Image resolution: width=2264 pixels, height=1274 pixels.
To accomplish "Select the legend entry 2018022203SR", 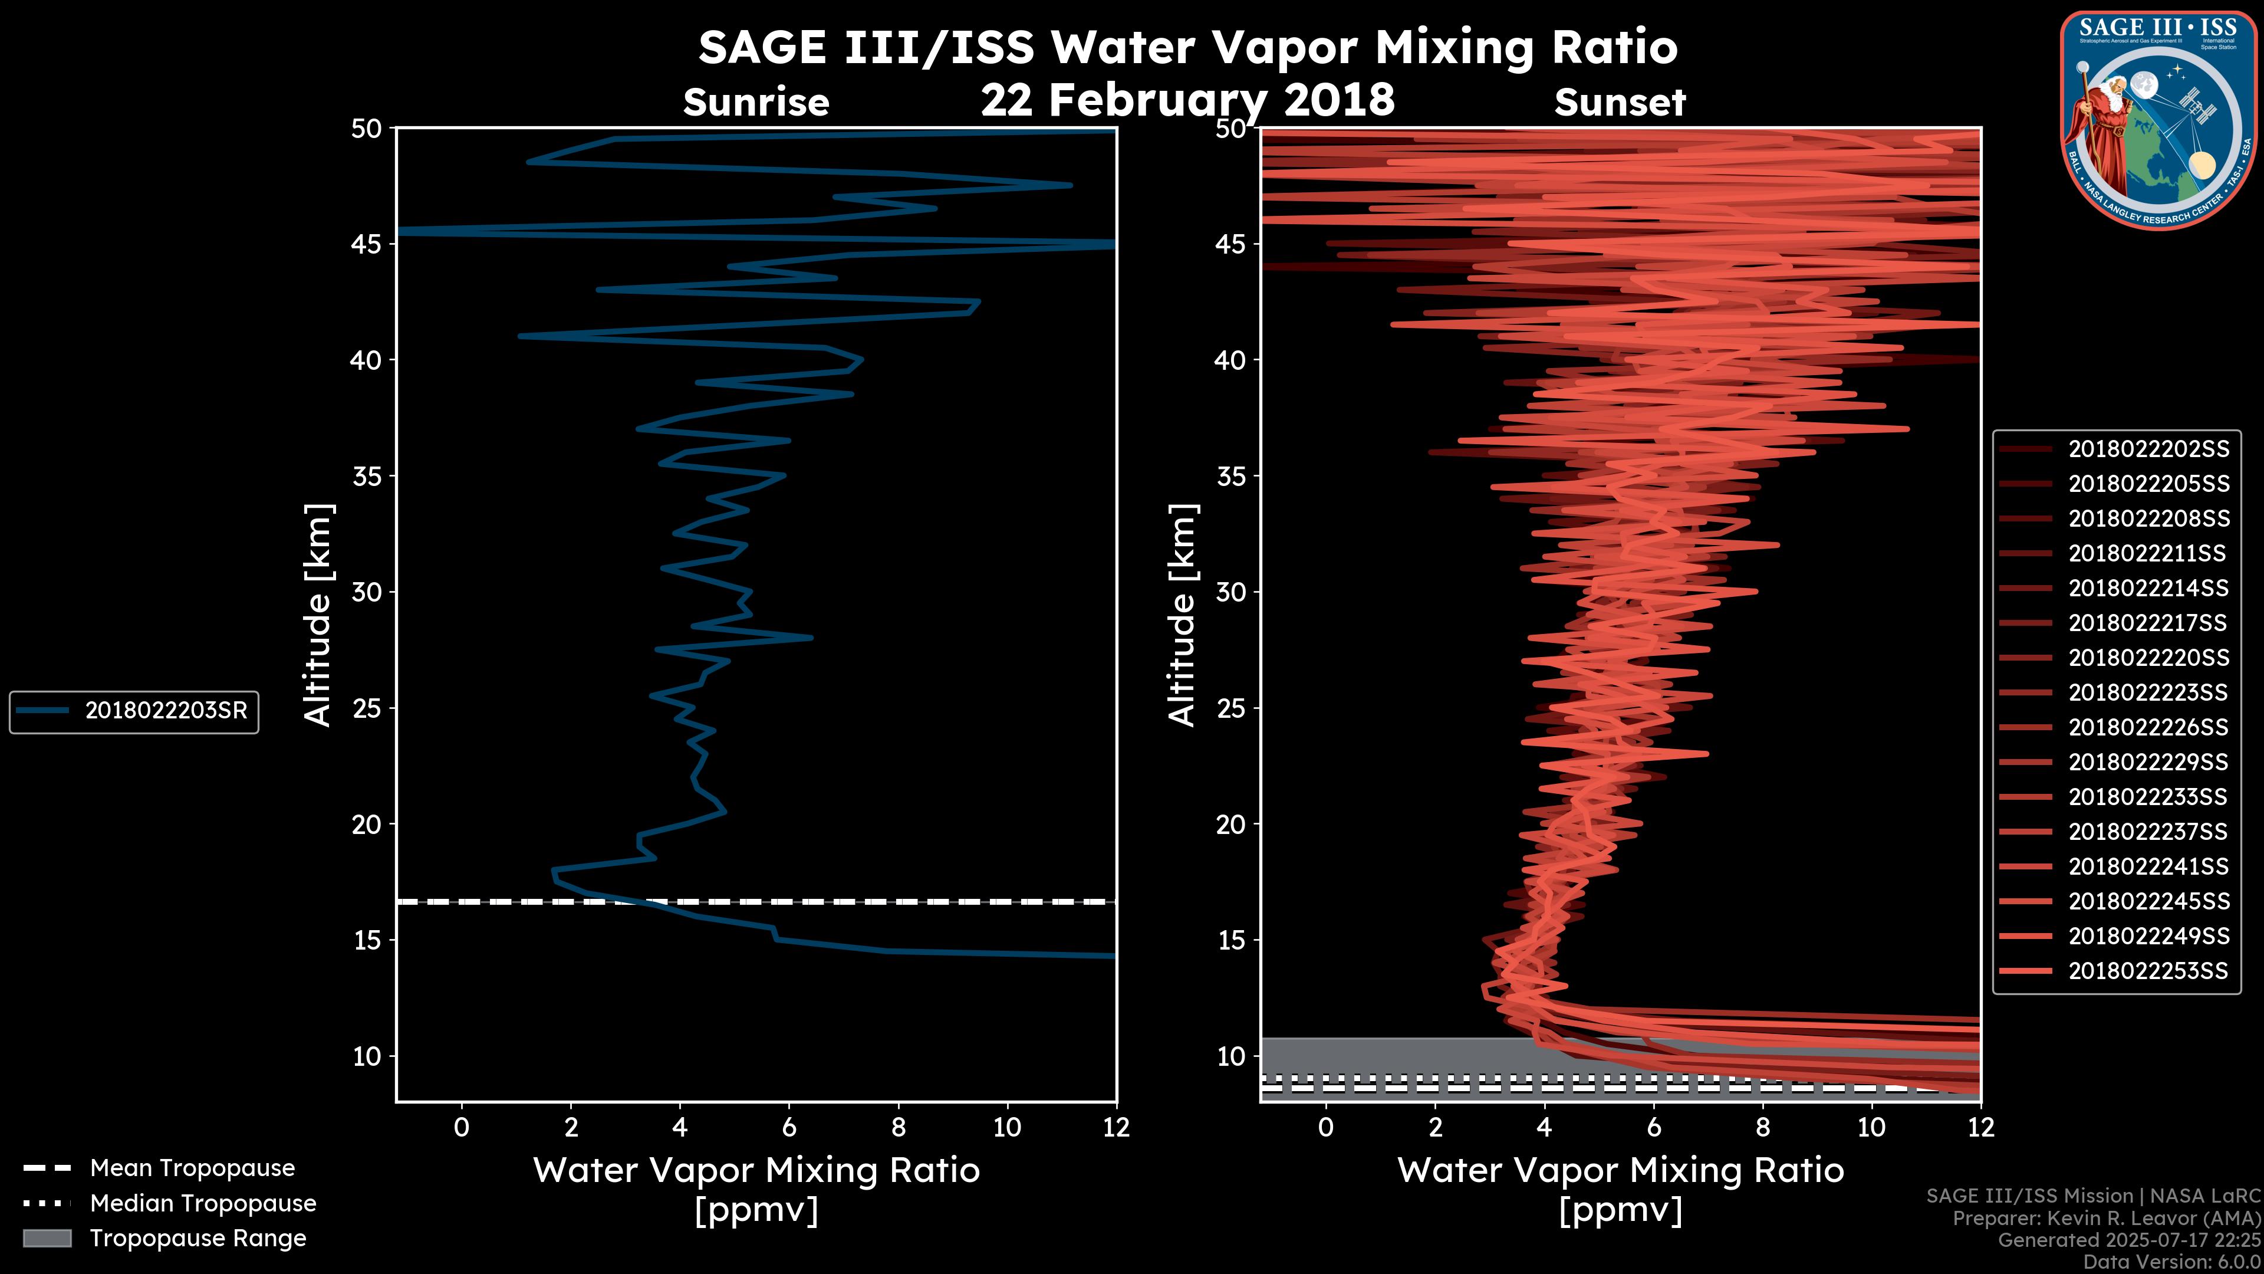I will pyautogui.click(x=165, y=710).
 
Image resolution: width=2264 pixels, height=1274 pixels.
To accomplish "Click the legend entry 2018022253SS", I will pyautogui.click(x=2147, y=971).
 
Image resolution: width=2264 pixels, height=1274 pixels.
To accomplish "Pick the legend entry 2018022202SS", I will pyautogui.click(x=2148, y=449).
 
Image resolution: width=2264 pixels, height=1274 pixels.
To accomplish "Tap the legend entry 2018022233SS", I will pyautogui.click(x=2147, y=797).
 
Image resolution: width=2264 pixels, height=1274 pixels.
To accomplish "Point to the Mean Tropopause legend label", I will pyautogui.click(x=192, y=1168).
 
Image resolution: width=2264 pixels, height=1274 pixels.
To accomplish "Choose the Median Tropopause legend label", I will pyautogui.click(x=202, y=1203).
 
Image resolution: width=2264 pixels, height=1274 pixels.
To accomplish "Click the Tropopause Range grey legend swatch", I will pyautogui.click(x=47, y=1238).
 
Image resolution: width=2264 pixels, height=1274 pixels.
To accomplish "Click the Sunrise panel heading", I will pyautogui.click(x=756, y=103).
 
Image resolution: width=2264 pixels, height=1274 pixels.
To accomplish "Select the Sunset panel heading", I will pyautogui.click(x=1620, y=103).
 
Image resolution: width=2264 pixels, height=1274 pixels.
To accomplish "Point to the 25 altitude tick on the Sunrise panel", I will pyautogui.click(x=367, y=708).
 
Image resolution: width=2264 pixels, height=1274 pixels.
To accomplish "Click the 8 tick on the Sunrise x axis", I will pyautogui.click(x=898, y=1127).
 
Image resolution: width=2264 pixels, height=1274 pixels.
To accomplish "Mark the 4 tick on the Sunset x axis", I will pyautogui.click(x=1544, y=1127).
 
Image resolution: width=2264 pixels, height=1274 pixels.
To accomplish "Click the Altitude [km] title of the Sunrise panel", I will pyautogui.click(x=317, y=615).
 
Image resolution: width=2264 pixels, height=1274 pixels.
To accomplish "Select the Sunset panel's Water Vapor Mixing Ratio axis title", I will pyautogui.click(x=1620, y=1170).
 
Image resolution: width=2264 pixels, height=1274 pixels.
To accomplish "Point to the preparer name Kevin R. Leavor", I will pyautogui.click(x=2153, y=1219).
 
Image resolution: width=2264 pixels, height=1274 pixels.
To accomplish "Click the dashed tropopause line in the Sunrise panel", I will pyautogui.click(x=879, y=901).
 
